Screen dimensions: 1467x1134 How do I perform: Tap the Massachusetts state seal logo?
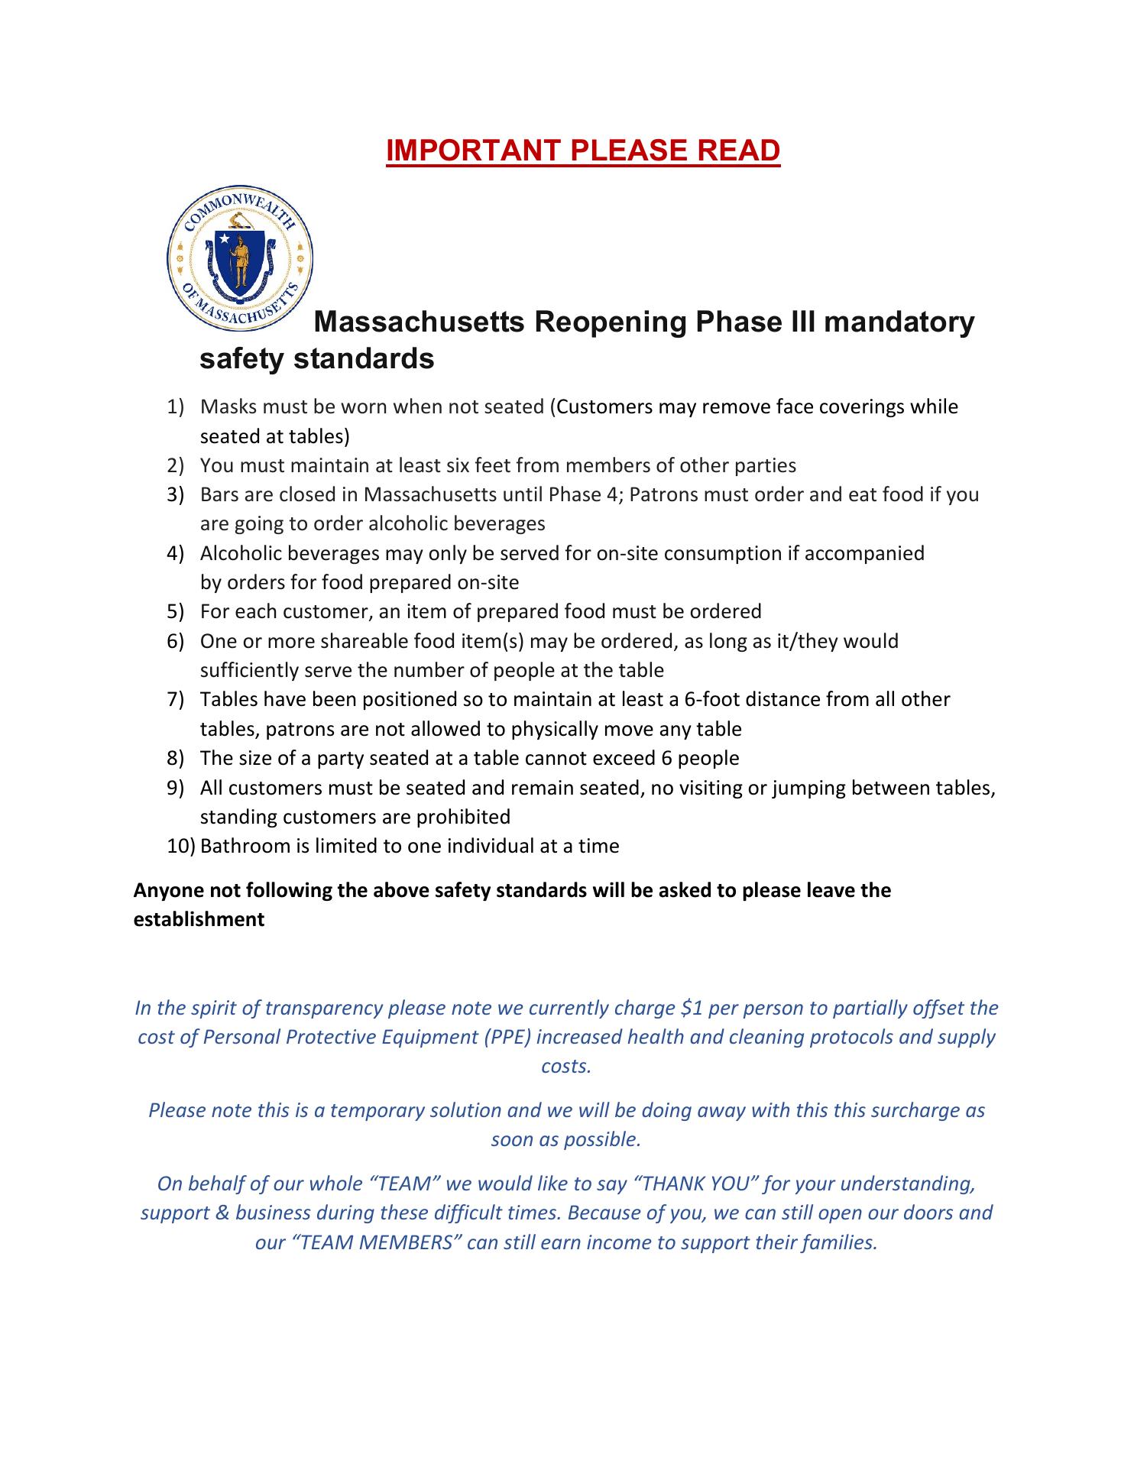point(240,257)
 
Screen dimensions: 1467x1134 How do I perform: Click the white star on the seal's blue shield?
point(225,238)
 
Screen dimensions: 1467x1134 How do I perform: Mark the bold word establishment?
point(199,919)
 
